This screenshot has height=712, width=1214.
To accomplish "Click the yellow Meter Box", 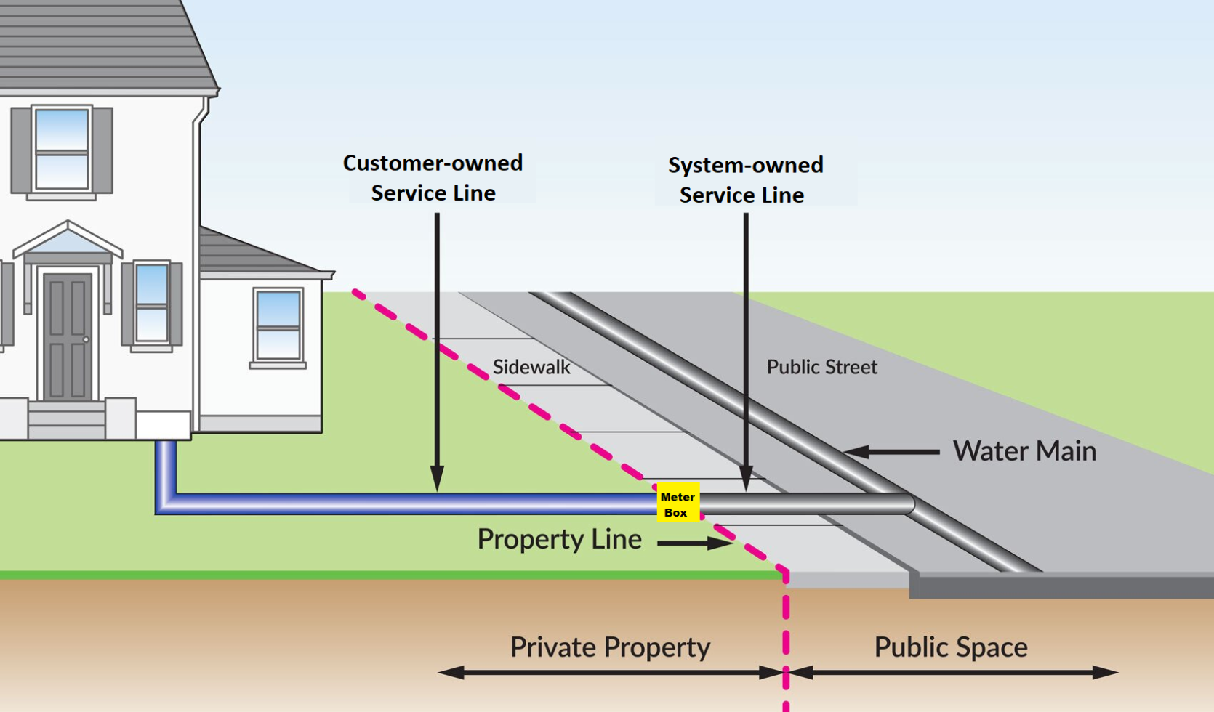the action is click(678, 502).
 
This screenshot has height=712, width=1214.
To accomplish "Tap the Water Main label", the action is click(1024, 451).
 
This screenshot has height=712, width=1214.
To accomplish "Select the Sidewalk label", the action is click(531, 368).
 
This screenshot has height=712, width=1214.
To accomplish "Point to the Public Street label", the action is click(821, 368).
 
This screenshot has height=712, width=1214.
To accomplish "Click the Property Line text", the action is click(559, 539).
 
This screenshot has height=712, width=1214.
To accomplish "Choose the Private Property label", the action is click(610, 647).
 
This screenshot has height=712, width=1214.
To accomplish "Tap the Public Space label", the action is click(951, 647).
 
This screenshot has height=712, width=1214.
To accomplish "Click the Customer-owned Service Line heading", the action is click(433, 178).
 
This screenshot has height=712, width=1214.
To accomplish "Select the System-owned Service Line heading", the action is click(745, 180).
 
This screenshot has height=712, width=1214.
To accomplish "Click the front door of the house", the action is click(68, 336).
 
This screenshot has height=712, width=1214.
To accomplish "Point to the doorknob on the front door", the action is click(86, 339).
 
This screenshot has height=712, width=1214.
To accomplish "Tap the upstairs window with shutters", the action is click(62, 149).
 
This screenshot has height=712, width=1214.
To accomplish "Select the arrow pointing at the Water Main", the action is click(891, 451).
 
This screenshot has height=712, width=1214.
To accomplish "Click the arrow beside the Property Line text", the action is click(696, 543).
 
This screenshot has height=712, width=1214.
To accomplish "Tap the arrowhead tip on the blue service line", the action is click(437, 491).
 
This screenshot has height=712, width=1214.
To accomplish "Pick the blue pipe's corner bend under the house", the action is click(165, 504).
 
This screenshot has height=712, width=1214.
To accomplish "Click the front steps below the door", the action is click(67, 420).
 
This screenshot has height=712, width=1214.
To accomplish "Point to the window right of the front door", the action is click(152, 304).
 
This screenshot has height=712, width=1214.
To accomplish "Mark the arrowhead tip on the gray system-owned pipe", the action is click(746, 491).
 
